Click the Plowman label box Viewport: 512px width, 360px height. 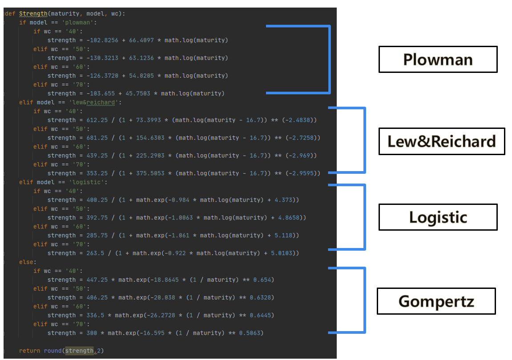coord(438,60)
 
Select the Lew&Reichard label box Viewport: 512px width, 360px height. coord(441,141)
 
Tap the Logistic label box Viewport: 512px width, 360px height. coord(438,217)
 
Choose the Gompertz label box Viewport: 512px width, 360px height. coord(436,301)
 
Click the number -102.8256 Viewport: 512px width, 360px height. coord(102,40)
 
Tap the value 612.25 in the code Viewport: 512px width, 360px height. coord(97,120)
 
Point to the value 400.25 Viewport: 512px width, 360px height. coord(97,200)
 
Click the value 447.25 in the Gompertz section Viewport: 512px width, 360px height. coord(97,280)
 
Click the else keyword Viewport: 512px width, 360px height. coord(26,262)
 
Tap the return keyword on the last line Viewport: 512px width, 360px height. coord(29,351)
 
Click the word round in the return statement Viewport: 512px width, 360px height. coord(52,351)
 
